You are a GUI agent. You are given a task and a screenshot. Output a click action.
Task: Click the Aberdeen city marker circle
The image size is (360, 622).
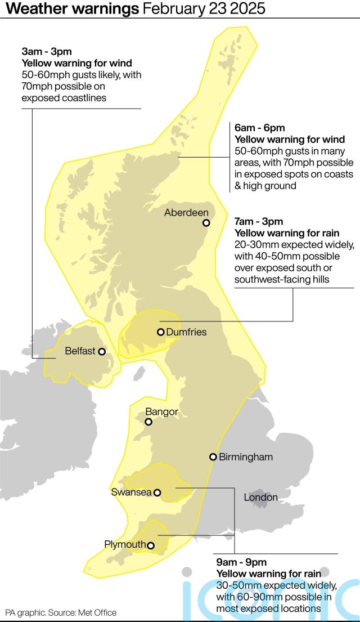(206, 222)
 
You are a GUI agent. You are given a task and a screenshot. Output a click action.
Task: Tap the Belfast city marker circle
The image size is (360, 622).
(102, 352)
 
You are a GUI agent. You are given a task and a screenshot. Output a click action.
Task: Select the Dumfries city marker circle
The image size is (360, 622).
(161, 332)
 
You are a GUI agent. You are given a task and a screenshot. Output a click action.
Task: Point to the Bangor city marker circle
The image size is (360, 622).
(148, 422)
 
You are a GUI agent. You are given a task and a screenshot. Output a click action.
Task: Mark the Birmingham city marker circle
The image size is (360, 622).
(213, 457)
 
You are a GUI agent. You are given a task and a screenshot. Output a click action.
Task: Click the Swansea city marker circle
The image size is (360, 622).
(157, 493)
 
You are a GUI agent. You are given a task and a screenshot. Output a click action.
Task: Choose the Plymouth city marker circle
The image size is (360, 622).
(151, 545)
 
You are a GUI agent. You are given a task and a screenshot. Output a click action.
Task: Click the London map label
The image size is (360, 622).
(260, 497)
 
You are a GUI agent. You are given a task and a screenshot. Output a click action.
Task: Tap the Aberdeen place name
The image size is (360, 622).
(186, 212)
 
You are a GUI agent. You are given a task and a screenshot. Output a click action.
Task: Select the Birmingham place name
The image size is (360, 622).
(245, 457)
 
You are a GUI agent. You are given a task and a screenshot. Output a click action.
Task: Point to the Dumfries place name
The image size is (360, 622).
(186, 332)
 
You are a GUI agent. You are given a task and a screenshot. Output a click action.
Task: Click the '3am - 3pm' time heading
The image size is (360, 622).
(39, 52)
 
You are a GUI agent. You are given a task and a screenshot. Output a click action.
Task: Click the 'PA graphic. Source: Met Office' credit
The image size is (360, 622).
(61, 612)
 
